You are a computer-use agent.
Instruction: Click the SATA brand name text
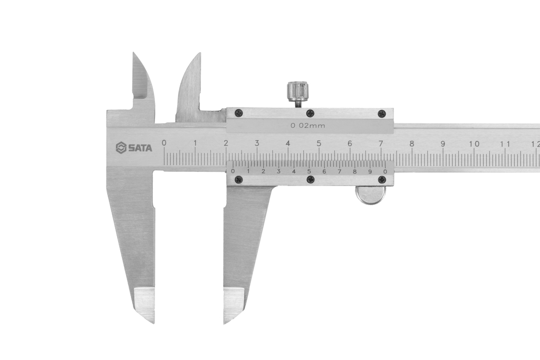(x=140, y=148)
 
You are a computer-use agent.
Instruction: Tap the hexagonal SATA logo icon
(x=121, y=148)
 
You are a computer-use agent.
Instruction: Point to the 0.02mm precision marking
(x=308, y=126)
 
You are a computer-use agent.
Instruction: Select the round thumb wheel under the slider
(x=370, y=195)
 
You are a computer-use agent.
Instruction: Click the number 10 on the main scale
(x=474, y=144)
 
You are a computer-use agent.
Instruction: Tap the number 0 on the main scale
(x=164, y=143)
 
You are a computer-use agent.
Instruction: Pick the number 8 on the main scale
(x=412, y=143)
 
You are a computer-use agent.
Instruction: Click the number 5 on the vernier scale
(x=309, y=171)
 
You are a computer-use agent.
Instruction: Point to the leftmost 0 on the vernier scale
(x=233, y=171)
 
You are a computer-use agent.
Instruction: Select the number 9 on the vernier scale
(x=370, y=171)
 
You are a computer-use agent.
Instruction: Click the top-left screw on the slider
(x=238, y=112)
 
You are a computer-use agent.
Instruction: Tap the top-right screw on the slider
(x=382, y=113)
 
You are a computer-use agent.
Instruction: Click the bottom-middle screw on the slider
(x=310, y=180)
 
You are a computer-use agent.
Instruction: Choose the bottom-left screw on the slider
(x=238, y=180)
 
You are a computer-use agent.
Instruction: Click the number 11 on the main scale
(x=505, y=144)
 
